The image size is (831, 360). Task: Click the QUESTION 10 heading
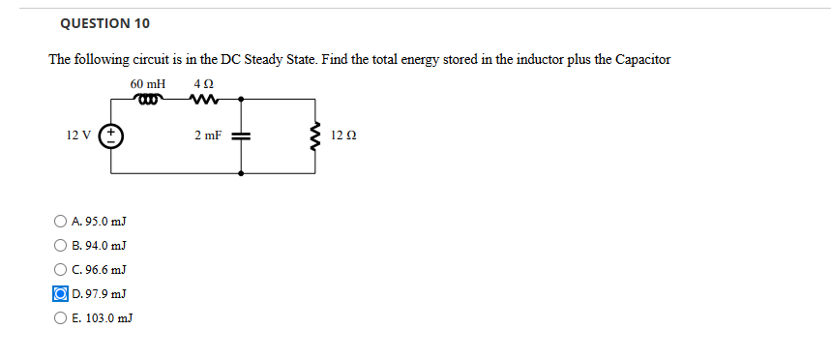point(104,23)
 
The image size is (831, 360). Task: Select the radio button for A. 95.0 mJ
point(61,223)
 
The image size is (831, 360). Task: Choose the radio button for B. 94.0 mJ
point(61,246)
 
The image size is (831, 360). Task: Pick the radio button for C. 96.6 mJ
point(61,269)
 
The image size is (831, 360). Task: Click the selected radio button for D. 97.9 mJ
point(61,293)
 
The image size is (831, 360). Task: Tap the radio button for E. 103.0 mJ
point(61,316)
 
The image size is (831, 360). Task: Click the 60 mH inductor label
point(148,84)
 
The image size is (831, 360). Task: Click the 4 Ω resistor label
point(203,84)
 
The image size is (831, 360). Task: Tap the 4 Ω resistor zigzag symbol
point(204,98)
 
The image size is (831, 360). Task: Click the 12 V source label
point(79,135)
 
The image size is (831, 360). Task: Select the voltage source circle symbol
point(110,136)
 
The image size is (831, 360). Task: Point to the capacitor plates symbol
point(241,136)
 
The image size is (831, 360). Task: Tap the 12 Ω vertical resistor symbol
point(313,136)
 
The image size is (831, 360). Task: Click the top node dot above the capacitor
point(241,98)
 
